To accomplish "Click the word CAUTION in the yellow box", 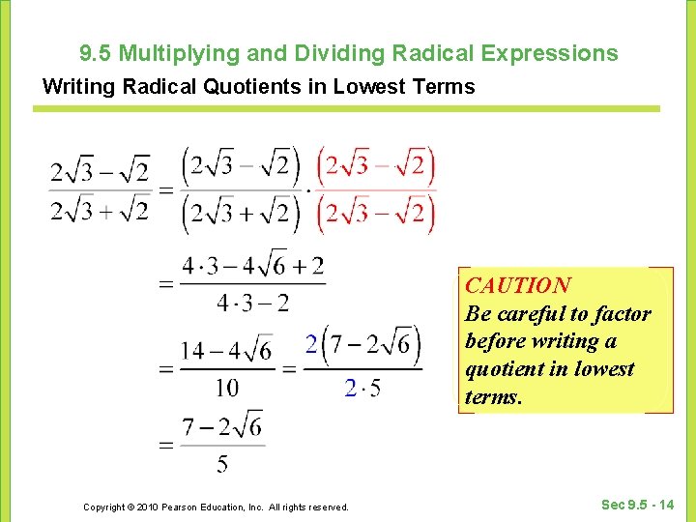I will point(517,285).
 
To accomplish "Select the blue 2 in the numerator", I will point(310,344).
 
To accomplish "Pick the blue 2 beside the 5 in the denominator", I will point(350,388).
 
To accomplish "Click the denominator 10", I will point(227,388).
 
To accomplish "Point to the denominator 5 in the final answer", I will point(222,465).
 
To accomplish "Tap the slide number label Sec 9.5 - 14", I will point(638,505).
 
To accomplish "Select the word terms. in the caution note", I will point(493,396).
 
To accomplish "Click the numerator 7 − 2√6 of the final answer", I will point(222,426).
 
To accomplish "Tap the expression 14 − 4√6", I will point(227,349).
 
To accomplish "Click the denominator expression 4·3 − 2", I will point(252,304).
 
